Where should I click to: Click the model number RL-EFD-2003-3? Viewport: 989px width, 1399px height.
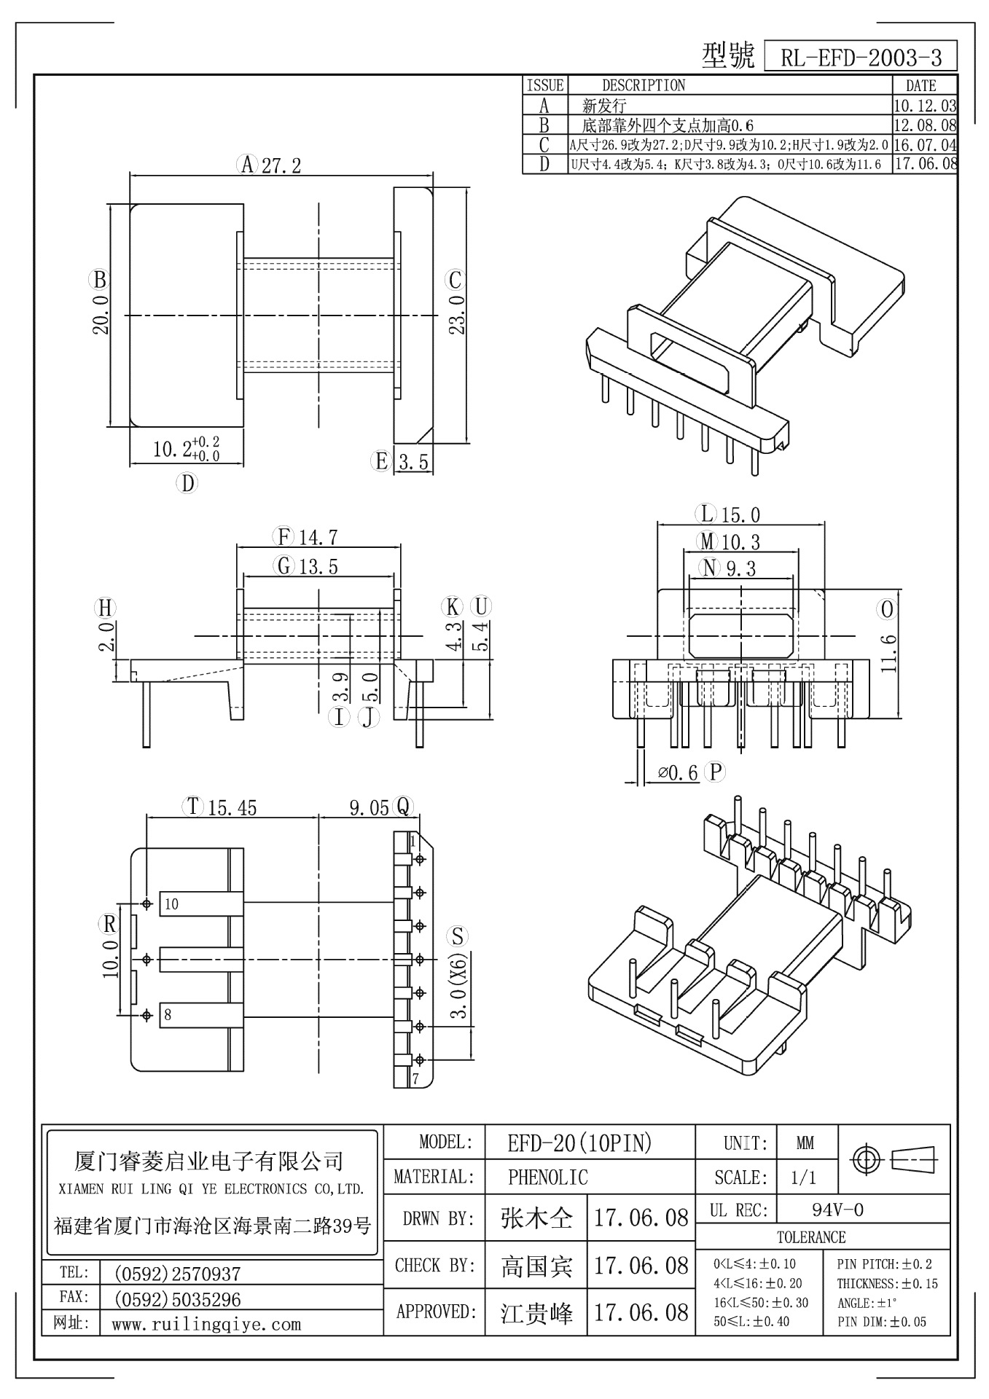[x=861, y=58]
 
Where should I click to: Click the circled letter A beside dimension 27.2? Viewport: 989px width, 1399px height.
[x=248, y=165]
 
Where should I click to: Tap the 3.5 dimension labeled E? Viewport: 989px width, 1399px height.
[x=414, y=462]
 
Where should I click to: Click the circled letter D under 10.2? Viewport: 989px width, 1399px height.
[x=187, y=483]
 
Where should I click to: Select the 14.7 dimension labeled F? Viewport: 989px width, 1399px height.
[x=318, y=538]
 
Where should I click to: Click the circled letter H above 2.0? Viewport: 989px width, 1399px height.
[x=106, y=608]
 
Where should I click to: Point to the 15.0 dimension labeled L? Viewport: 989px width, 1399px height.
[x=740, y=515]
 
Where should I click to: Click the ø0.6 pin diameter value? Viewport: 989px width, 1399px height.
[x=679, y=772]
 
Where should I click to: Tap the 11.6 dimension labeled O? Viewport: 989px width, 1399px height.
[x=887, y=653]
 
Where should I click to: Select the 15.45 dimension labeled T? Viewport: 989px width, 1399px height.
[x=232, y=807]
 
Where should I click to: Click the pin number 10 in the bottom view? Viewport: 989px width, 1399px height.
[x=171, y=904]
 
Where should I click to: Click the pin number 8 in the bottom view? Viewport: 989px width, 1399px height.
[x=168, y=1015]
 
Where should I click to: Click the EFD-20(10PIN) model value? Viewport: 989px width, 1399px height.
[x=579, y=1144]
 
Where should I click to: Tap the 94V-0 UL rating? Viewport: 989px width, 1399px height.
[x=837, y=1210]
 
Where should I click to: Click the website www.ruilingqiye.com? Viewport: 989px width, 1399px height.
[x=206, y=1324]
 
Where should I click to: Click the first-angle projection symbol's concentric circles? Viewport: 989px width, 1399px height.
[x=867, y=1159]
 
